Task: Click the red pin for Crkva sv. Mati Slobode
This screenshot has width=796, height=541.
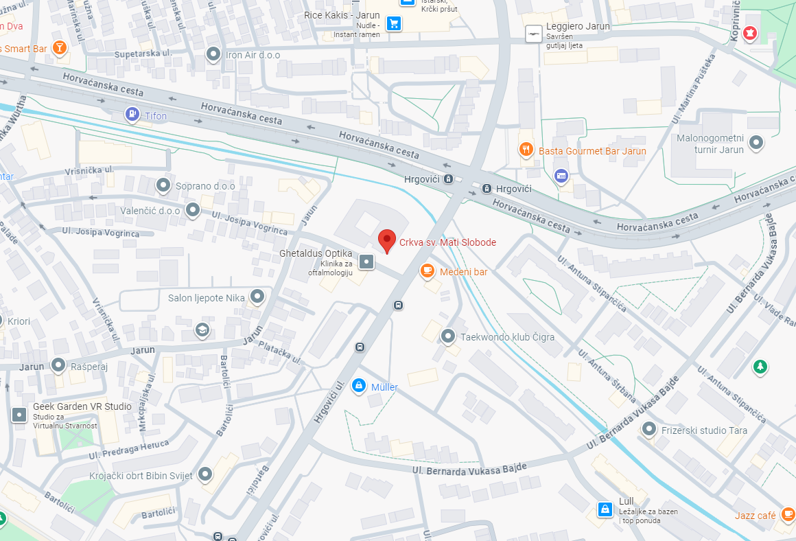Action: click(x=387, y=240)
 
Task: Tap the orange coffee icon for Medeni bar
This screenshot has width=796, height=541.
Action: click(x=428, y=271)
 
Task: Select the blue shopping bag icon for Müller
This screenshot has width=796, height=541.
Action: click(x=358, y=387)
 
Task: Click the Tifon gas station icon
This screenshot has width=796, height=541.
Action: click(x=132, y=115)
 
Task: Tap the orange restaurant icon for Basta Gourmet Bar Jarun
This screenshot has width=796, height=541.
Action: click(x=526, y=150)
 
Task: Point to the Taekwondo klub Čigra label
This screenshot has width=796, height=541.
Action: click(x=507, y=337)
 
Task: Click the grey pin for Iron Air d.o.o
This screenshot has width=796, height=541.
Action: click(x=214, y=54)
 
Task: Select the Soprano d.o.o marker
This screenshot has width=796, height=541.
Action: click(x=163, y=185)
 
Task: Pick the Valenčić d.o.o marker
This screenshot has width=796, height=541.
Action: click(x=193, y=209)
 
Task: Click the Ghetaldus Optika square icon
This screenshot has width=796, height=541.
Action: click(x=367, y=262)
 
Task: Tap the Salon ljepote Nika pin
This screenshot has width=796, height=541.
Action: click(x=257, y=297)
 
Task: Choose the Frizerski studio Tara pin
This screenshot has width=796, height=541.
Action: click(x=648, y=429)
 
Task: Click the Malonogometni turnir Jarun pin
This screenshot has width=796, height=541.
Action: click(x=756, y=142)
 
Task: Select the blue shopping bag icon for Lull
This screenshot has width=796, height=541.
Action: click(x=605, y=509)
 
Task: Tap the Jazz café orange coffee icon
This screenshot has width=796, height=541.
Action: click(x=787, y=514)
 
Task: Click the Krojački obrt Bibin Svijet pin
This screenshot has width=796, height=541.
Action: click(x=205, y=474)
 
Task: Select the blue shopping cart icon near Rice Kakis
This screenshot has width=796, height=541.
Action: click(x=393, y=24)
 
